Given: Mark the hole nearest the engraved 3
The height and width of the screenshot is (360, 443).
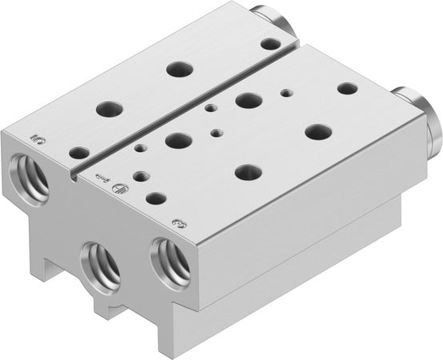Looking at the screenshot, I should [x=157, y=198].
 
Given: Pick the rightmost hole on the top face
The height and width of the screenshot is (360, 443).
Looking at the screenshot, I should [x=347, y=88].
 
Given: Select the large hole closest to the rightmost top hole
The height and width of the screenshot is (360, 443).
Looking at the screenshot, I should [x=317, y=130].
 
